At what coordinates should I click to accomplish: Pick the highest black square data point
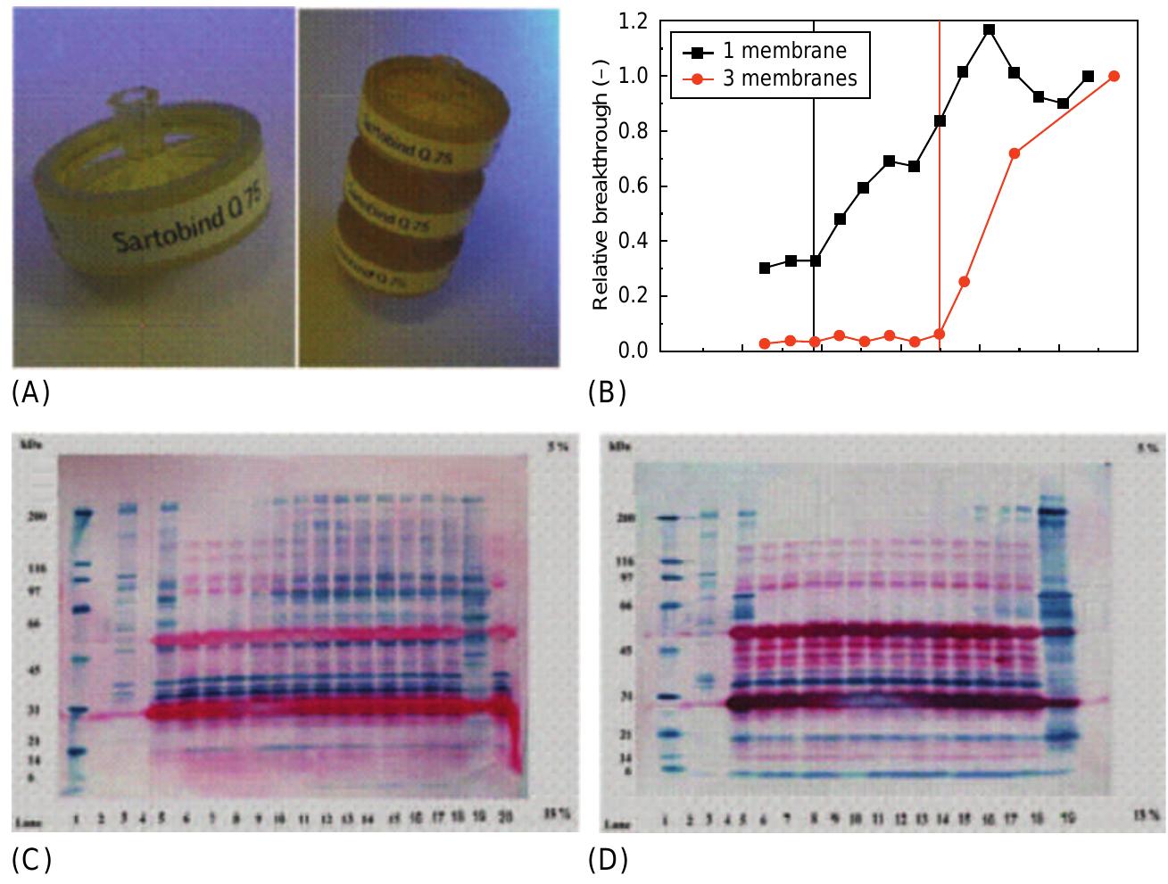(989, 29)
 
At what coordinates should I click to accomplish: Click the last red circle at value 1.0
(1114, 76)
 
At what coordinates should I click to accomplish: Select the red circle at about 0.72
(1014, 153)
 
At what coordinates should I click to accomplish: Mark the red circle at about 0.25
(964, 282)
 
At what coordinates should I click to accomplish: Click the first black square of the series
(765, 268)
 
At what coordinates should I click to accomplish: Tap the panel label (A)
(30, 392)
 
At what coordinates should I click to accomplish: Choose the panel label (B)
(607, 392)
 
